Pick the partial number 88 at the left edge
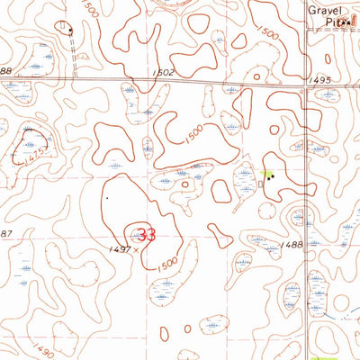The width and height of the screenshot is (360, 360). tap(4, 71)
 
